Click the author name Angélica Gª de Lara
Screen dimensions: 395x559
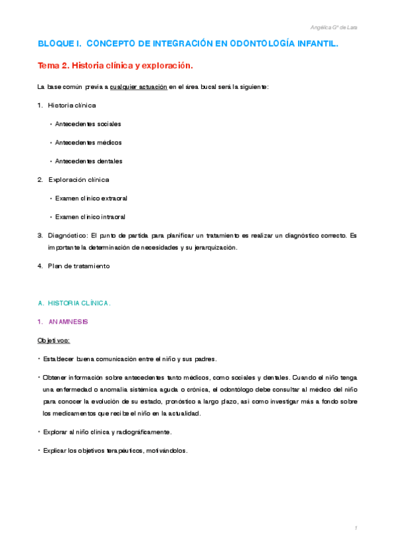tap(334, 27)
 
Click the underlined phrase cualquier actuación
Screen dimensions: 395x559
tap(138, 87)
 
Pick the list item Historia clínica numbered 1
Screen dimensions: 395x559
tap(72, 105)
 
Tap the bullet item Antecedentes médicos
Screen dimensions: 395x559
tap(88, 142)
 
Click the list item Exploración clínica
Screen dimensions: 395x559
tap(78, 179)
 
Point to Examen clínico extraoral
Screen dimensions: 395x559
tap(91, 198)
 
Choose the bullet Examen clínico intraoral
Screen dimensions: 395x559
tap(90, 216)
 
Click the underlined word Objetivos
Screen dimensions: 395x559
tap(53, 340)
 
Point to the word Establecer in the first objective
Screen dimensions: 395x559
tap(58, 359)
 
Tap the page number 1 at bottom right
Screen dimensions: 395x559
tap(355, 528)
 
